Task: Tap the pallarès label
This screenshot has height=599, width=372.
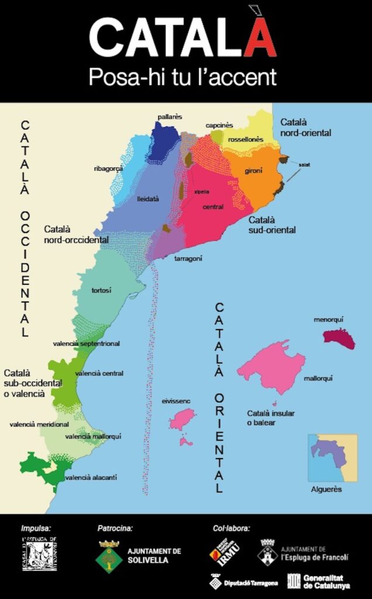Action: point(170,117)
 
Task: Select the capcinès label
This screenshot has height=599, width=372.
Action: point(219,125)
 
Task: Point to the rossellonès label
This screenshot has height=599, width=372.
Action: point(246,139)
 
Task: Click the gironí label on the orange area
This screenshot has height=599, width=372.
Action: point(254,170)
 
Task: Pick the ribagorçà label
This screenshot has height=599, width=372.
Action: point(108,168)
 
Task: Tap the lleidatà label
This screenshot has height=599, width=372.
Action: point(147,199)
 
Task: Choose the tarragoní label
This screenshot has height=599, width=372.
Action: point(188,258)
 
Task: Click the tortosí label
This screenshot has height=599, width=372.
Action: point(101,290)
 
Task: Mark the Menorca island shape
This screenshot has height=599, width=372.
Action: point(339,338)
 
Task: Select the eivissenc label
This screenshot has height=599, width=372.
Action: point(176,402)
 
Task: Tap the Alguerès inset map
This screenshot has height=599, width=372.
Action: point(332,457)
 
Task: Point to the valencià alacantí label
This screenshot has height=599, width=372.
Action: point(91,477)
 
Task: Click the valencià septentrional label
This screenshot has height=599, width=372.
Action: point(86,343)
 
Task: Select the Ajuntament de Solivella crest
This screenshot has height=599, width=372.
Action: point(109,555)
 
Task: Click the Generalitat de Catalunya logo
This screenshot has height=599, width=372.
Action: point(319,581)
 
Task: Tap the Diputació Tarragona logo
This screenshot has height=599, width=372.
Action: point(244,581)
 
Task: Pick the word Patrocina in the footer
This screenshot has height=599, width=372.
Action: point(115,528)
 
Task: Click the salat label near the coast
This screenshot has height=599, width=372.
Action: point(304,165)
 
